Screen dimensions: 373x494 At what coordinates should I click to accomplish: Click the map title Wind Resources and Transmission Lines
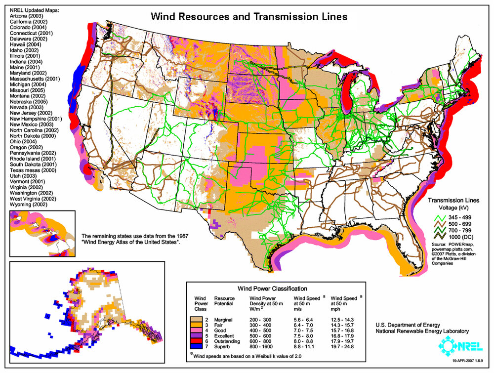248,16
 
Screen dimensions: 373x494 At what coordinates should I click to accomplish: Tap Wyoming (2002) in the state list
26,204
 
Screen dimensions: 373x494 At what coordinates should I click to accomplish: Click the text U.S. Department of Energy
408,325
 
